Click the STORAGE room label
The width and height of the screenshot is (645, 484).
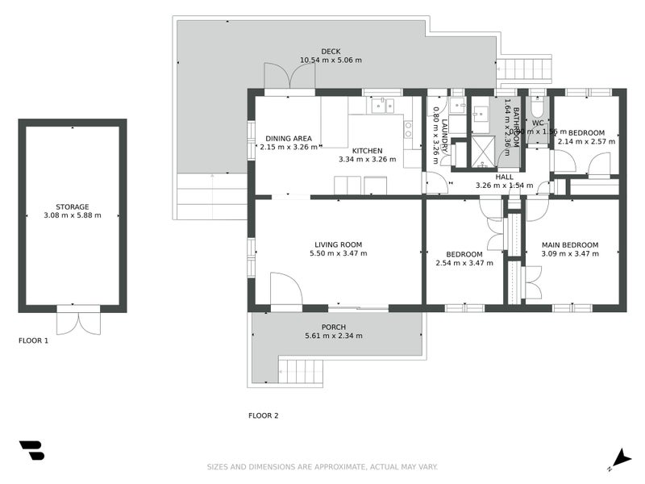73,207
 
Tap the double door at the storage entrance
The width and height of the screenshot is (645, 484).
78,320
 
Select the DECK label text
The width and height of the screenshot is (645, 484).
331,52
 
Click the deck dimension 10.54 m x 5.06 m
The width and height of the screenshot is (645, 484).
331,60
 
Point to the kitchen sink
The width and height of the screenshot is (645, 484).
381,105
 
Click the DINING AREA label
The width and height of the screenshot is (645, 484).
289,138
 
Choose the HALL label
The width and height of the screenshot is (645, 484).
504,177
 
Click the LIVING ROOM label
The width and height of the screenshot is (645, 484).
338,244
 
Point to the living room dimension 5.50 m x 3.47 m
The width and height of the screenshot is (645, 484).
338,253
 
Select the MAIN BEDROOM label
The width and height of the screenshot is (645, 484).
570,244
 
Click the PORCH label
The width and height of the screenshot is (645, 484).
334,327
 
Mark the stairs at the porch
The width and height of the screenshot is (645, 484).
301,372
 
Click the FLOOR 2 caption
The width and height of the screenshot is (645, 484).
263,416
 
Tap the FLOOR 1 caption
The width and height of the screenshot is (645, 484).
34,340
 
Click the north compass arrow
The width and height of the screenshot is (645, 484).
620,457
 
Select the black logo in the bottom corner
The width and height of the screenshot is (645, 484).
31,450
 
